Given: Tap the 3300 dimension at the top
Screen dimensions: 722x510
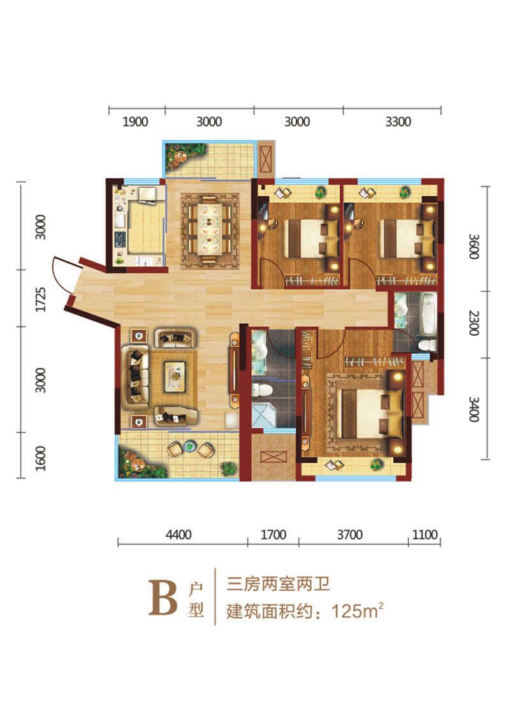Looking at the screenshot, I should [x=398, y=122].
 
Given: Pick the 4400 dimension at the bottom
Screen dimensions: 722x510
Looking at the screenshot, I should [x=178, y=535].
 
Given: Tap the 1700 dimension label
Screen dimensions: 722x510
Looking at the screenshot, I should [x=273, y=535].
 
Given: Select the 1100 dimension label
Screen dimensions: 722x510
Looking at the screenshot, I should [x=425, y=535].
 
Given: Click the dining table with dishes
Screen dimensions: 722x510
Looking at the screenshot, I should [x=209, y=229].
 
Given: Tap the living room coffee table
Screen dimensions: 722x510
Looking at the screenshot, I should [x=175, y=376].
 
